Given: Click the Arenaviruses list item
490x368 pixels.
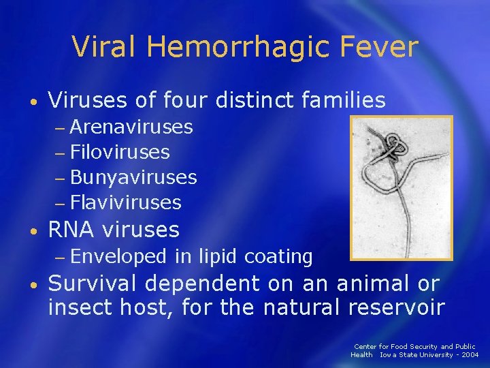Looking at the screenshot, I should coord(131,127).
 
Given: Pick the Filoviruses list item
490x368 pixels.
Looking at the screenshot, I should coord(120,152).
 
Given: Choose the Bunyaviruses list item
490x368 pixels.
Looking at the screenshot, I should coord(133,177).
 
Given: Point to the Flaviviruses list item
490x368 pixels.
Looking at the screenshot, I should coord(126,202).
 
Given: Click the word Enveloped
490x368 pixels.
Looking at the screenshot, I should coord(118,257).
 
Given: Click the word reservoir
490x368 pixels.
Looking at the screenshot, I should coord(396,307).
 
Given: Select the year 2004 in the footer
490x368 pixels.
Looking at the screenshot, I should coord(469,355).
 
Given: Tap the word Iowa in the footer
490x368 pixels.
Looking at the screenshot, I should coord(388,355).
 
